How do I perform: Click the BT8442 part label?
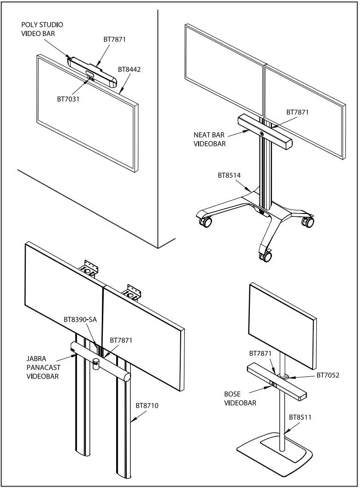coord(129,70)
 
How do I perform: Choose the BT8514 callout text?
coord(229,175)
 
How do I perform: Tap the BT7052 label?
coord(328,375)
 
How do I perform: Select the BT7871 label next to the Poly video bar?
coord(114,40)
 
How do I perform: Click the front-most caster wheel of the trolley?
coord(266,256)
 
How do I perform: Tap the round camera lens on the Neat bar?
coord(262,134)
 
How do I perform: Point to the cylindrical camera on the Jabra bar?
coord(96,363)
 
